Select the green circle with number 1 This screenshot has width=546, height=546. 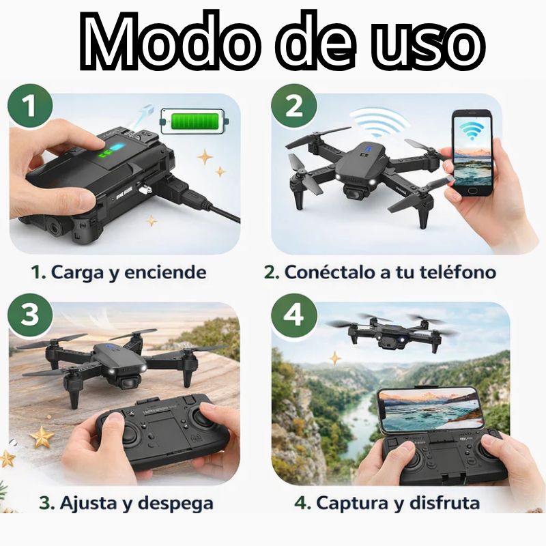pyautogui.click(x=29, y=107)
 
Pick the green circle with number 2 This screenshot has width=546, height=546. pyautogui.click(x=293, y=107)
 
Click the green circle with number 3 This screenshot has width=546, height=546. pyautogui.click(x=29, y=316)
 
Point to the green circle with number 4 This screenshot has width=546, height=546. pyautogui.click(x=293, y=316)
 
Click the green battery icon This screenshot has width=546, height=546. pyautogui.click(x=192, y=124)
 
